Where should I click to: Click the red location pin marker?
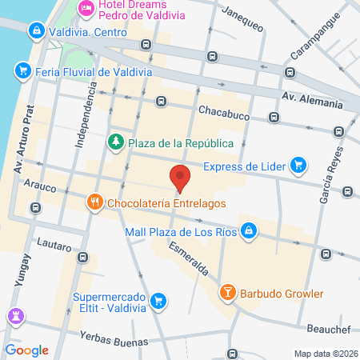[x=180, y=177]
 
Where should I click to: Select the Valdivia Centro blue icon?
[x=35, y=31]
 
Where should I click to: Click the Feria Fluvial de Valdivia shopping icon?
[x=23, y=71]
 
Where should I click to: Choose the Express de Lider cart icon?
[x=298, y=166]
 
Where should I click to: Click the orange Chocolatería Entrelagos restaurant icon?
[x=94, y=202]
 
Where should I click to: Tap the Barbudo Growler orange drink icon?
[x=227, y=293]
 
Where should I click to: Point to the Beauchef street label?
[x=330, y=329]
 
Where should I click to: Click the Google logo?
[x=26, y=350]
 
